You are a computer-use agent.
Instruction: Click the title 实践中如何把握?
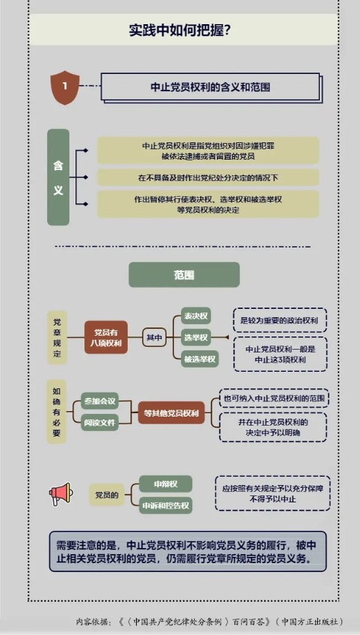[x=180, y=30]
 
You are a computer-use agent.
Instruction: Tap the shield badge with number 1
[x=65, y=88]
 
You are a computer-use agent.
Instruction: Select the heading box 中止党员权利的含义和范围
[x=210, y=87]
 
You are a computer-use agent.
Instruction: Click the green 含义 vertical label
[x=58, y=177]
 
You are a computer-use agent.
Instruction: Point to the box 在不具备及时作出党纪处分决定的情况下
[x=208, y=178]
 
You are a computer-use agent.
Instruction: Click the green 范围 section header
[x=184, y=275]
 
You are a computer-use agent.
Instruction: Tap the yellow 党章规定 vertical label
[x=57, y=337]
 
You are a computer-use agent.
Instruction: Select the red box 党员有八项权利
[x=106, y=337]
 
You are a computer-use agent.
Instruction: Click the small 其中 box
[x=154, y=337]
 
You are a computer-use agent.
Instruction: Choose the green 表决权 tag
[x=196, y=316]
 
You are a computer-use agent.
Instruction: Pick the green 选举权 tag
[x=196, y=337]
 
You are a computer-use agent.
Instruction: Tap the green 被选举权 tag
[x=200, y=359]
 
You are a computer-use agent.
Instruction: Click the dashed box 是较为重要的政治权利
[x=280, y=321]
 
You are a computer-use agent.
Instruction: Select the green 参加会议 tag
[x=100, y=401]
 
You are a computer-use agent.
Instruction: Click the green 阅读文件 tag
[x=100, y=422]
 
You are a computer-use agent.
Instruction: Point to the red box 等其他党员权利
[x=171, y=413]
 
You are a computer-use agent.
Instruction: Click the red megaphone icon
[x=61, y=493]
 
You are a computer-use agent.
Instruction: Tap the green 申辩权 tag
[x=166, y=484]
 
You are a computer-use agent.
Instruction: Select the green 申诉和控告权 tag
[x=166, y=505]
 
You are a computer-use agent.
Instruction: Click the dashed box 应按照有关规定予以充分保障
[x=272, y=493]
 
